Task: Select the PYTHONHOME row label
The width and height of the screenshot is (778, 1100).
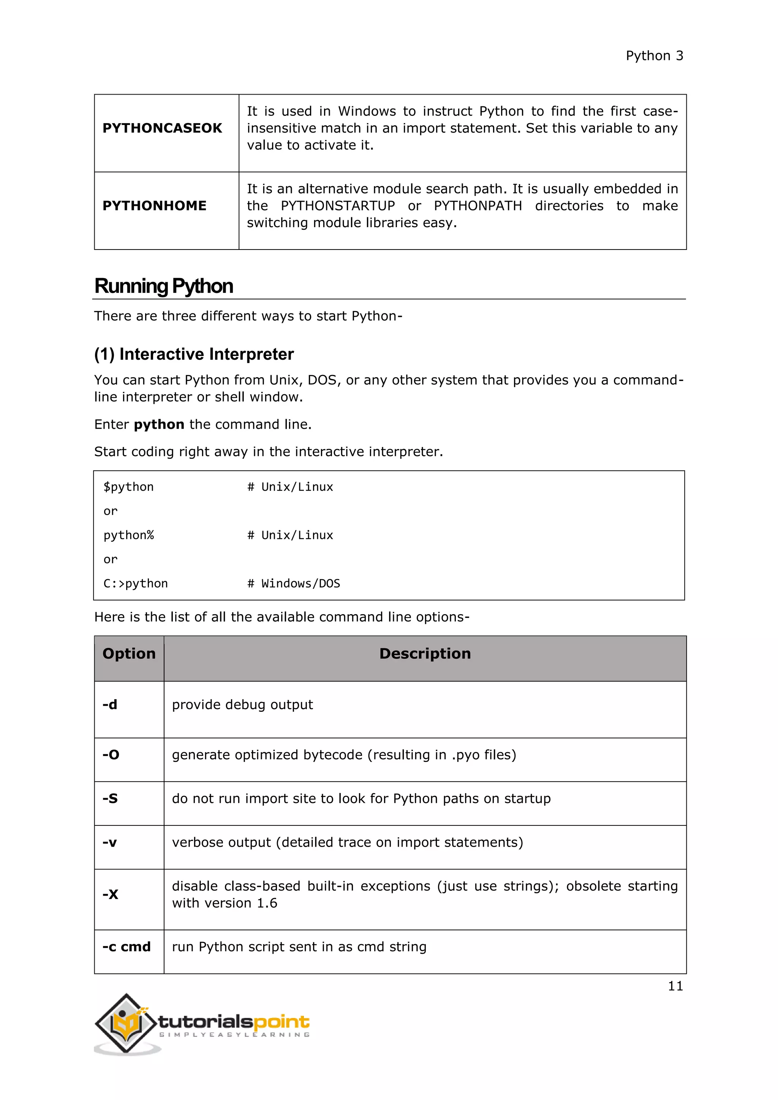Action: point(154,205)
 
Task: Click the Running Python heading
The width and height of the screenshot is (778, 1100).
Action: point(163,286)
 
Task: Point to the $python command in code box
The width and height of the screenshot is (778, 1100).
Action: point(128,487)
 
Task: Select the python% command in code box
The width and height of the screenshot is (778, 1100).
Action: point(128,535)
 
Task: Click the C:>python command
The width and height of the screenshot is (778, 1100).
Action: point(136,583)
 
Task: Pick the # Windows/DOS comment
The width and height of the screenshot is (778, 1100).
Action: point(293,583)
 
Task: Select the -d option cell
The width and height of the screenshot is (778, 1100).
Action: point(110,705)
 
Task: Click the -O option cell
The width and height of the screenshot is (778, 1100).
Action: point(111,755)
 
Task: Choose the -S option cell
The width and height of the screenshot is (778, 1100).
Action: point(110,799)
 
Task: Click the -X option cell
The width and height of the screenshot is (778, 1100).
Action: point(110,895)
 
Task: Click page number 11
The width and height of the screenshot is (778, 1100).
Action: point(675,986)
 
